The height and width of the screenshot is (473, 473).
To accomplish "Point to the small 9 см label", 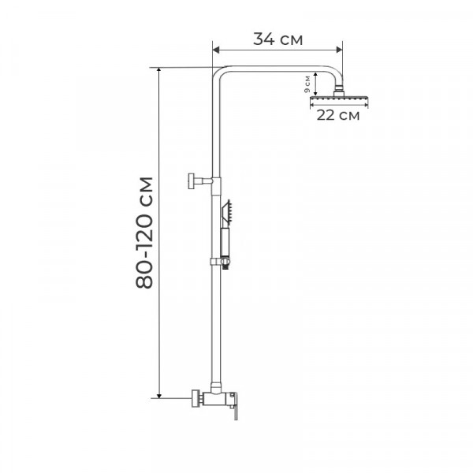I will (307, 84).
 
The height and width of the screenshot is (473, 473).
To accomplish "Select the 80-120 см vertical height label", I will (145, 233).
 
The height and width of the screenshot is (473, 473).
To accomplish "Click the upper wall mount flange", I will (190, 181).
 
